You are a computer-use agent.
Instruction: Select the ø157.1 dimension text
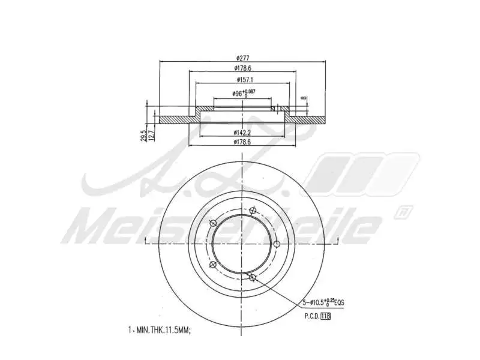coord(243,79)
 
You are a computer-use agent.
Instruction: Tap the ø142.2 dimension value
coord(242,132)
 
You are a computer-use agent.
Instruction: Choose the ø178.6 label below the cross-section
coord(243,142)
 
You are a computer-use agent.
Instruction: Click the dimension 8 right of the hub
coord(304,97)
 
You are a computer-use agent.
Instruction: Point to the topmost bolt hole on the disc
coord(253,210)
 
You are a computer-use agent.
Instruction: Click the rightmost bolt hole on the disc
coord(277,244)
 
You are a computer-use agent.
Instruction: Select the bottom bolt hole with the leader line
coord(253,277)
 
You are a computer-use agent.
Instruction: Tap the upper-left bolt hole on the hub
coord(212,223)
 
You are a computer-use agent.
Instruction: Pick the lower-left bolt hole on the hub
coord(212,265)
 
